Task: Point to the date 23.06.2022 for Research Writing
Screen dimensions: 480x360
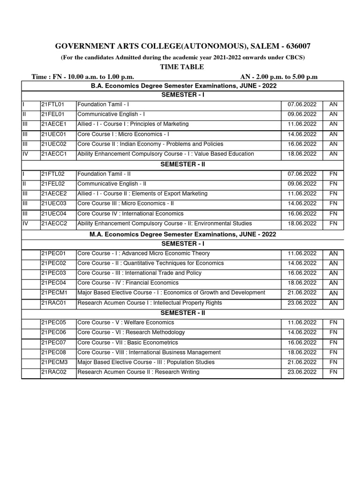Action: click(302, 372)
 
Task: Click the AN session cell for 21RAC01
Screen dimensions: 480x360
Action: click(333, 303)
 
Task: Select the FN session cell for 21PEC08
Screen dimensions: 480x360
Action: click(333, 352)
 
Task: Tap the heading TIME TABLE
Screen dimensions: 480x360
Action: click(182, 67)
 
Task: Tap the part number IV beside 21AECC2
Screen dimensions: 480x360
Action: click(26, 224)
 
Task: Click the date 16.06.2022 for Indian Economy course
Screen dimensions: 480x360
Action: click(302, 144)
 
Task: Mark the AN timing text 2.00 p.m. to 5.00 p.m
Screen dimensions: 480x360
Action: click(278, 77)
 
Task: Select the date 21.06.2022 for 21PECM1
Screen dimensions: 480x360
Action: click(302, 292)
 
